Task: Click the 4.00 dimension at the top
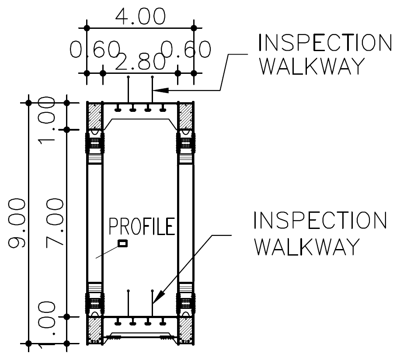[140, 17]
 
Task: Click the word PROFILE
[142, 227]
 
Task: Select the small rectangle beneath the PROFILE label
[123, 244]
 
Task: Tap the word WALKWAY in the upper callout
[314, 67]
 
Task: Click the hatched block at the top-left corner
[94, 116]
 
